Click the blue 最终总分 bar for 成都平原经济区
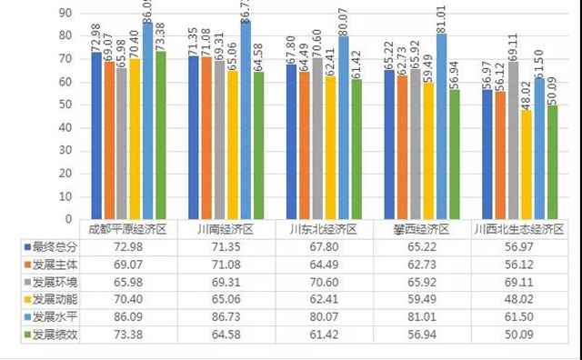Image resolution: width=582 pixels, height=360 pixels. [96, 135]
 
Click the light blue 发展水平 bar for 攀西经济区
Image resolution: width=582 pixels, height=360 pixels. [441, 126]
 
